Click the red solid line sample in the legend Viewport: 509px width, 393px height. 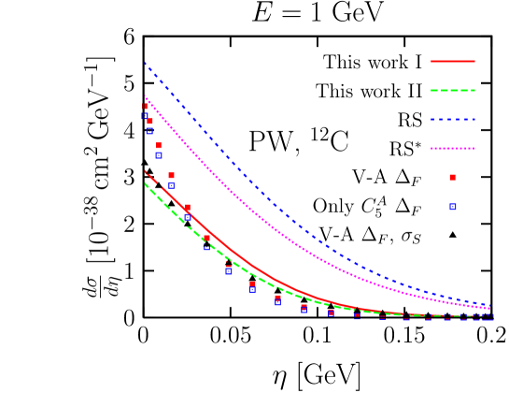(x=453, y=61)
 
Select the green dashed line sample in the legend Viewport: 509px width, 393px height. (x=453, y=91)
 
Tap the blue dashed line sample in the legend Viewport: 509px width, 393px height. (x=453, y=120)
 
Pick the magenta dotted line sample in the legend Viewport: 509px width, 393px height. (x=453, y=149)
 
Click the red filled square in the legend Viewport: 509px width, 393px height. (x=453, y=177)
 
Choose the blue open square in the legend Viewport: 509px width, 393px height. (x=453, y=207)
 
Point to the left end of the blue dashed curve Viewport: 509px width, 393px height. (x=145, y=64)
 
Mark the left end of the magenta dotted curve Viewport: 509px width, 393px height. (x=145, y=96)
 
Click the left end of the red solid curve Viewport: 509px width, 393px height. (x=145, y=171)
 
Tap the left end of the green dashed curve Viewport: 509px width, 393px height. (x=145, y=183)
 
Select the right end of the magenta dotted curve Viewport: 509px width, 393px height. (x=490, y=309)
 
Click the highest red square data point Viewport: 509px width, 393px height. (x=145, y=107)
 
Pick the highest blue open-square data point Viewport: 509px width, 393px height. (x=145, y=116)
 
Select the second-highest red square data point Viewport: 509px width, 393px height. (x=149, y=121)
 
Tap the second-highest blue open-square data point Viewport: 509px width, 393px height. (x=149, y=131)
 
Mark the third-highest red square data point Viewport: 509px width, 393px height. (x=159, y=145)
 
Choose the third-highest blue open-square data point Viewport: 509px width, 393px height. (x=159, y=154)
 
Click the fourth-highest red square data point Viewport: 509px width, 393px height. (x=171, y=175)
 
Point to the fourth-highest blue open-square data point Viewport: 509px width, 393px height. (x=171, y=185)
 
